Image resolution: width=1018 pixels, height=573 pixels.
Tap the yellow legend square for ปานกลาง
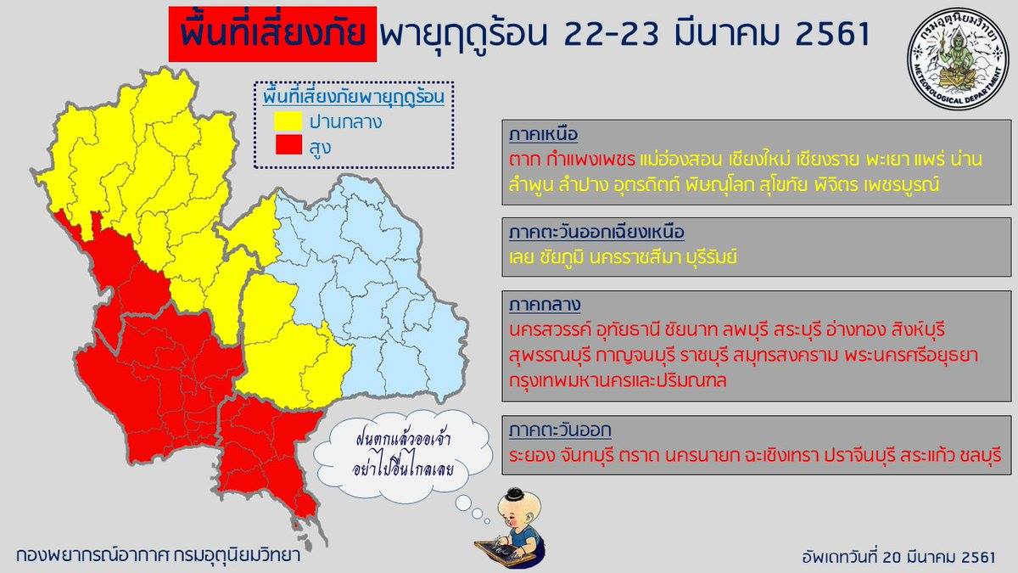point(288,121)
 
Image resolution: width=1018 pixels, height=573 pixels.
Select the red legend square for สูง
point(288,145)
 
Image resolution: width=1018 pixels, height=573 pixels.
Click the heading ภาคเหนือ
point(543,135)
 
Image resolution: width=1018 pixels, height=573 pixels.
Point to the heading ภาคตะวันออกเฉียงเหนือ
point(596,232)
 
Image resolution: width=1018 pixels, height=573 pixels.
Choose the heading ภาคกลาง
point(545,305)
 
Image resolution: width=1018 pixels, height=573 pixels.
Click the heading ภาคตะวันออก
point(560,430)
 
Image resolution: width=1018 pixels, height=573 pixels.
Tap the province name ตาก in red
point(524,160)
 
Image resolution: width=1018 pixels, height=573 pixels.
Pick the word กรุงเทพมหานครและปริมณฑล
point(618,379)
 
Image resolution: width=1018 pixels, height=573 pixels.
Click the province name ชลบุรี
point(981,455)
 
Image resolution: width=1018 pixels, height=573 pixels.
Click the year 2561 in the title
point(831,33)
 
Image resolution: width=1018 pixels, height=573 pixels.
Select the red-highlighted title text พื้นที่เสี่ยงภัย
point(272,33)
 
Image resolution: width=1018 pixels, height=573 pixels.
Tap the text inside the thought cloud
point(403,455)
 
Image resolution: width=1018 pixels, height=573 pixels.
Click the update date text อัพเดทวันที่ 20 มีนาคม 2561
point(898,557)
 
